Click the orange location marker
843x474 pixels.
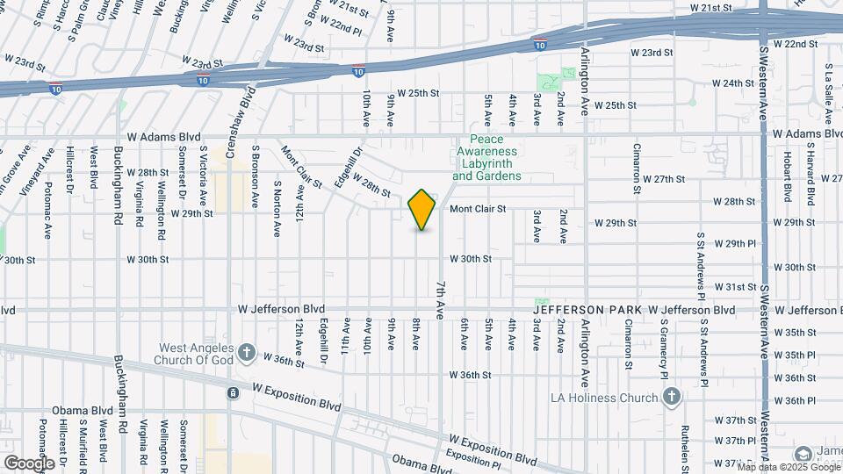[422, 210]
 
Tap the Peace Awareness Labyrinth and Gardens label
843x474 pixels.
[486, 157]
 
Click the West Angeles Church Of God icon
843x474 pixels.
[247, 353]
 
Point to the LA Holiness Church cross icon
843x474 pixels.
[672, 398]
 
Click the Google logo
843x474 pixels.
[29, 463]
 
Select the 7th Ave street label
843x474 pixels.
[440, 299]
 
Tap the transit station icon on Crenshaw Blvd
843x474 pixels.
[232, 393]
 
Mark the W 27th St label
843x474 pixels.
[663, 179]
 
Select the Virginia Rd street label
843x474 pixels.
[139, 199]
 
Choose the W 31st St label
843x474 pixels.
[735, 287]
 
